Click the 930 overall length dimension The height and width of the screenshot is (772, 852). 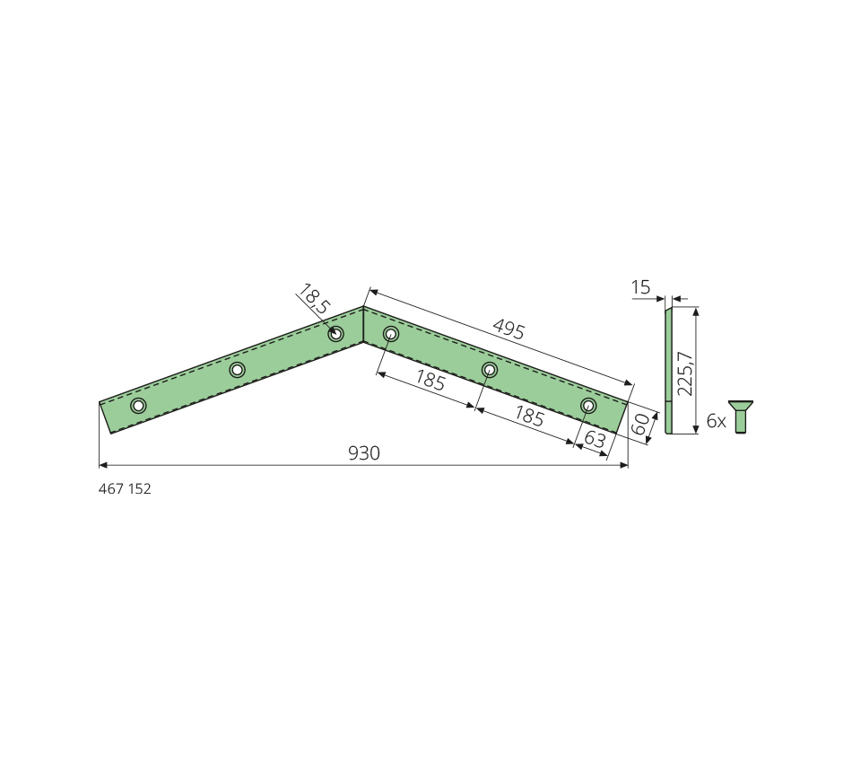click(x=363, y=453)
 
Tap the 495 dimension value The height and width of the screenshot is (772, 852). click(x=509, y=329)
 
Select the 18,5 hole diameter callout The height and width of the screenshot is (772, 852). click(x=314, y=298)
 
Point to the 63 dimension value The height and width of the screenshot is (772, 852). click(x=595, y=439)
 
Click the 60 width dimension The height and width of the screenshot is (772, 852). click(x=642, y=424)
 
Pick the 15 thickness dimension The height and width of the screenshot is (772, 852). click(x=641, y=287)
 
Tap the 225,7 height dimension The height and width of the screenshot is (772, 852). click(x=686, y=373)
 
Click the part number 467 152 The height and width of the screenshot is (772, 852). click(x=125, y=488)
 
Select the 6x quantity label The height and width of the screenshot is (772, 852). click(x=716, y=421)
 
